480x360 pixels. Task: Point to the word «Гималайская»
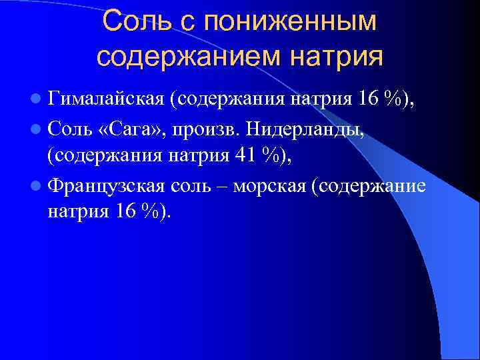click(106, 101)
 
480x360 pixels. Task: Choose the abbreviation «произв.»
click(202, 130)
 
